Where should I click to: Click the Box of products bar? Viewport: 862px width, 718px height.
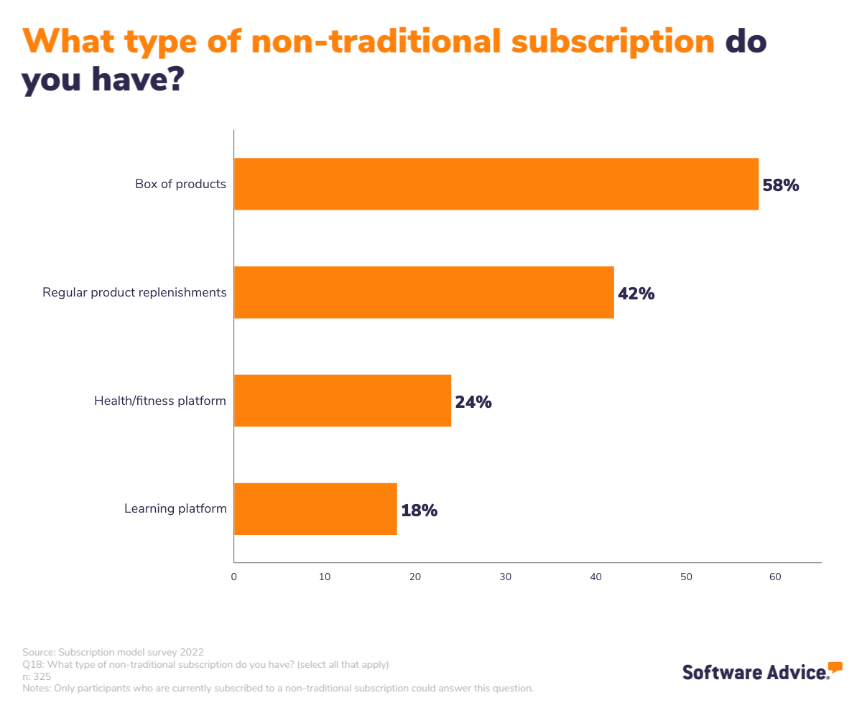(496, 184)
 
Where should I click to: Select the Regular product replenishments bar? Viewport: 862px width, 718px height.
(424, 292)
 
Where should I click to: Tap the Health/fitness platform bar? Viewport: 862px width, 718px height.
(342, 401)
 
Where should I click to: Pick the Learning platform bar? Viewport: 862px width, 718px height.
(315, 509)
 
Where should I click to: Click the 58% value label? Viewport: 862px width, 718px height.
(780, 185)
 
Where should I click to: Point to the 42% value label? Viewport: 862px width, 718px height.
(636, 294)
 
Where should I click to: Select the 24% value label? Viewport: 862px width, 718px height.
(473, 402)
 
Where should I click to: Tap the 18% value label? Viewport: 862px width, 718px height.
(419, 510)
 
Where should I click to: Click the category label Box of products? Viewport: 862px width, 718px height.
(180, 185)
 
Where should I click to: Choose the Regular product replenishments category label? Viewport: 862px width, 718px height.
(134, 293)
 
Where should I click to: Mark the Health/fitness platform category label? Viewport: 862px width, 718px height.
(160, 401)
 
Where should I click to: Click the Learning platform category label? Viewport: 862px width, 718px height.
(175, 509)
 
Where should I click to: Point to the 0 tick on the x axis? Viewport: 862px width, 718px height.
(234, 577)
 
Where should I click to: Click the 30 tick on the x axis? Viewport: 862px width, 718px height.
(505, 577)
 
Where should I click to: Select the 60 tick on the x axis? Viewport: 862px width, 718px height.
(775, 577)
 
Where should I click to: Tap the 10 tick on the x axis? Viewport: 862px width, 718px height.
(325, 577)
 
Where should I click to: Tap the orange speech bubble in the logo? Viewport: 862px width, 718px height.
(835, 667)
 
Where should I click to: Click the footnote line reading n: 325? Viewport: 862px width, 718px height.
(37, 676)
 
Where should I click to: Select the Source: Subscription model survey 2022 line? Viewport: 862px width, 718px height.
(113, 653)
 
